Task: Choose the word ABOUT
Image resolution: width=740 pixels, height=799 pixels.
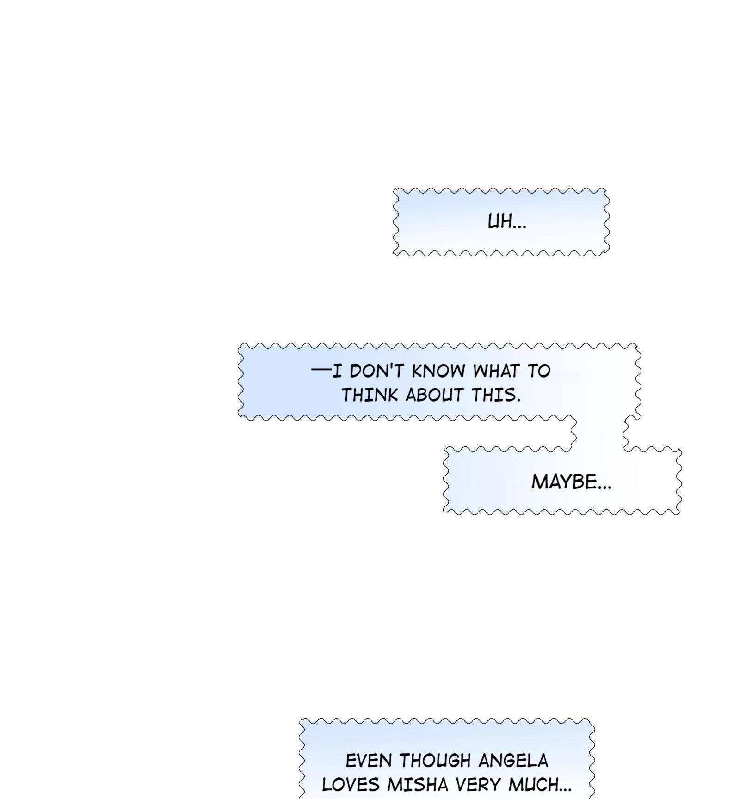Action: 435,395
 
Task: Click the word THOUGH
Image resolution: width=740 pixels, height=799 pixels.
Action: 435,760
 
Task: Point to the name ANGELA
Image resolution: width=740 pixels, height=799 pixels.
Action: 513,760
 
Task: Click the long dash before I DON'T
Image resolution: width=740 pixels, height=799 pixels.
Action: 321,370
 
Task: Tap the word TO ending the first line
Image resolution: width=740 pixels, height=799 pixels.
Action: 539,371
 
